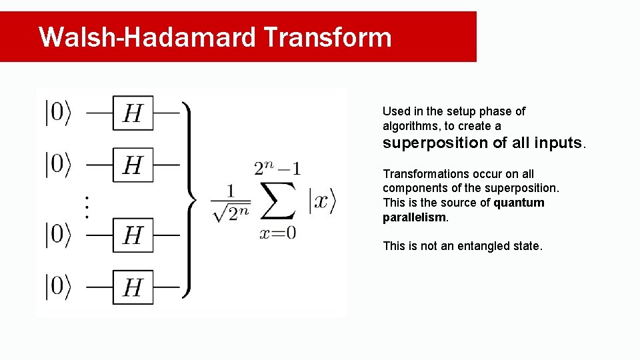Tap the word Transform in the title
pos(327,37)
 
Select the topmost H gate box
pos(133,113)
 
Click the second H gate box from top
pos(133,164)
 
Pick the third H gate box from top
pos(133,235)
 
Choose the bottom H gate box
pos(133,287)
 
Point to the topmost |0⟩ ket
pos(58,113)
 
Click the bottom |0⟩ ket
pos(58,287)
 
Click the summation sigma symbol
pos(277,199)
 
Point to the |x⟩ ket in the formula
pos(322,201)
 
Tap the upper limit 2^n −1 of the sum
pos(277,168)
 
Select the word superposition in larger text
pos(435,143)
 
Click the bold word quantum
pos(519,203)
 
